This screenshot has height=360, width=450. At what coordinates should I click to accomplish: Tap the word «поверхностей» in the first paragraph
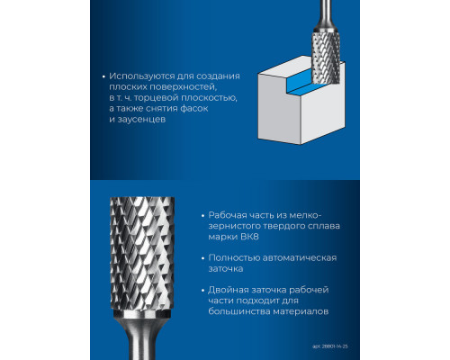[183, 87]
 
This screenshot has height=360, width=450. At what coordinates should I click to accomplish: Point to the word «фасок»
[193, 108]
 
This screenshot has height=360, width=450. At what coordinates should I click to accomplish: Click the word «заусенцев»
[141, 120]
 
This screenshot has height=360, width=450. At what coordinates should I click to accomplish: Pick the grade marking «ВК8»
[249, 237]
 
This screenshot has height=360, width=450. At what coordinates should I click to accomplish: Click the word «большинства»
[238, 311]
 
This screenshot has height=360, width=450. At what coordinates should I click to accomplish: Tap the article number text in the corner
[330, 346]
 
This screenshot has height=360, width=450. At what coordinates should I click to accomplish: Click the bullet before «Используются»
[103, 76]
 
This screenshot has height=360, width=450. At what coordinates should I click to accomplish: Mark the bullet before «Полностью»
[203, 258]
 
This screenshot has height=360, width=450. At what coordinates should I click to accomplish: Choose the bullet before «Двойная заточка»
[203, 291]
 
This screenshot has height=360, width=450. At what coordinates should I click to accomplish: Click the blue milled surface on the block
[299, 85]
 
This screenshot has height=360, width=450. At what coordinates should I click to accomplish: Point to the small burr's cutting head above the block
[327, 57]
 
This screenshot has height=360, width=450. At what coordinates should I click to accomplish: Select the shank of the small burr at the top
[326, 13]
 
